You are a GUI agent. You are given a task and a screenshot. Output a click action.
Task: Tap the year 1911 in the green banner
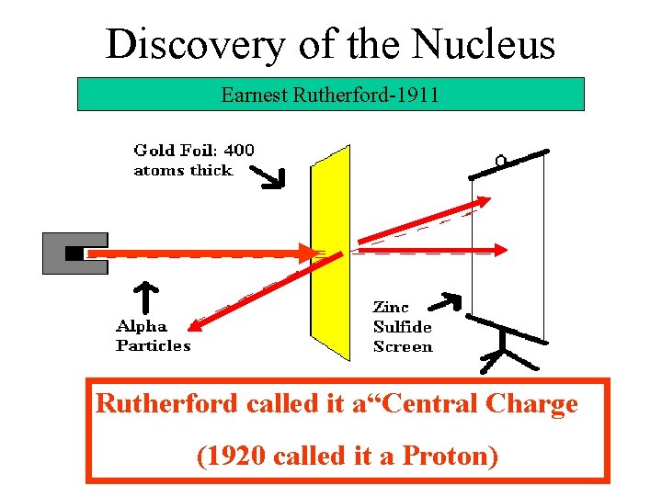(418, 94)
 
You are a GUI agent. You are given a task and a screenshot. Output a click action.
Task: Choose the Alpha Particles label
(153, 336)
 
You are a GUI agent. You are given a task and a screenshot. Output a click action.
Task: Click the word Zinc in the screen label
(391, 307)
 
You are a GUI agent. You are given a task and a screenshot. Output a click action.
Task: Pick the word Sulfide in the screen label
(403, 327)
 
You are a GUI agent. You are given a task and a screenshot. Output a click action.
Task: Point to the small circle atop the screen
(501, 162)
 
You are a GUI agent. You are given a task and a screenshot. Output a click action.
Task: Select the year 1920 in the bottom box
(224, 455)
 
